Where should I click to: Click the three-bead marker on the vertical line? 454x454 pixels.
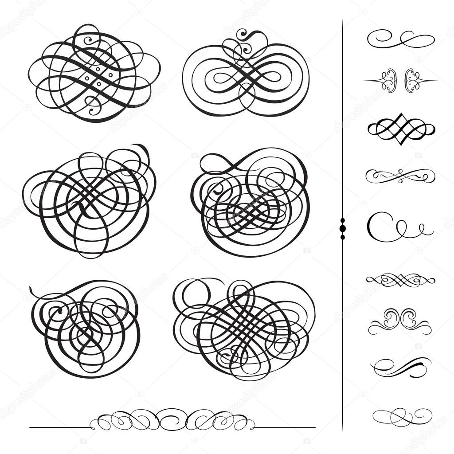342,228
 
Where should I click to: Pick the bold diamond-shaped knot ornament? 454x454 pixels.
401,129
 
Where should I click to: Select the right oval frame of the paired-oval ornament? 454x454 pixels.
412,81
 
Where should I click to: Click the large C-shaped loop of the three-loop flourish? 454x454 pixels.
378,226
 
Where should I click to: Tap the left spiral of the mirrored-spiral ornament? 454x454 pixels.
390,317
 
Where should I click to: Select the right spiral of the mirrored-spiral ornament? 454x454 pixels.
409,317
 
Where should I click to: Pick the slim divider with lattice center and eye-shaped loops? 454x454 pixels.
401,280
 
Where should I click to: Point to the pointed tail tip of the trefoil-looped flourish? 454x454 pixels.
31,289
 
